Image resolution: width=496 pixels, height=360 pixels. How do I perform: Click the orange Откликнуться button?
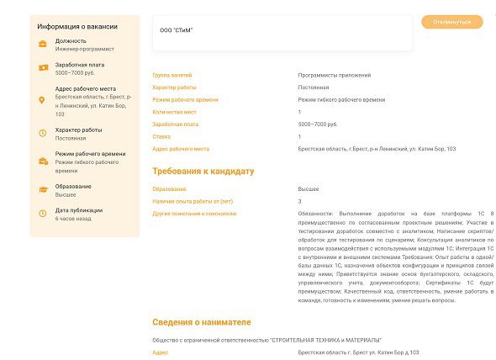tap(452, 22)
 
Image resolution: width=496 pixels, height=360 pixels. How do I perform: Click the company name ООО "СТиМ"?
tap(177, 31)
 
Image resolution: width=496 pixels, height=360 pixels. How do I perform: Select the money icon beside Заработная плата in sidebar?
tap(43, 67)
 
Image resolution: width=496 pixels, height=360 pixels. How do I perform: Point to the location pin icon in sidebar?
tap(43, 100)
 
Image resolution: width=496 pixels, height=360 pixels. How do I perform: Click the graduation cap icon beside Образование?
tap(43, 189)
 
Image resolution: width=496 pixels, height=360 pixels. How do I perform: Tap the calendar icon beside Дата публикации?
tap(43, 214)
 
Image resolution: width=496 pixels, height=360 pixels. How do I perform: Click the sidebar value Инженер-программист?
tap(85, 49)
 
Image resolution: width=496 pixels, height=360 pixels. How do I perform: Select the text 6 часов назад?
tap(73, 218)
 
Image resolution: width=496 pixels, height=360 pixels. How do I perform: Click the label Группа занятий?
tap(172, 75)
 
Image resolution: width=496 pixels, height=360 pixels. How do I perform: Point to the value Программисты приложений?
tap(334, 75)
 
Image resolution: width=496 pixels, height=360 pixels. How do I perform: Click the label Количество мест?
tap(174, 112)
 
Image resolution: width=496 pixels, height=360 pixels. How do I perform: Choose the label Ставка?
tap(161, 136)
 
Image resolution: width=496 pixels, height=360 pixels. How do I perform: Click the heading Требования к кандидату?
tap(203, 172)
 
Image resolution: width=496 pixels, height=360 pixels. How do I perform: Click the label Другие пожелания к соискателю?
tap(194, 214)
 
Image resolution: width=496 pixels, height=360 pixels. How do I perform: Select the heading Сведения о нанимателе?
tap(201, 322)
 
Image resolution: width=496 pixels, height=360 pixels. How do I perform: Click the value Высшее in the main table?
tap(309, 189)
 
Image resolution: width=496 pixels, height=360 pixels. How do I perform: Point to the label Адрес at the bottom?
tap(160, 352)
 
